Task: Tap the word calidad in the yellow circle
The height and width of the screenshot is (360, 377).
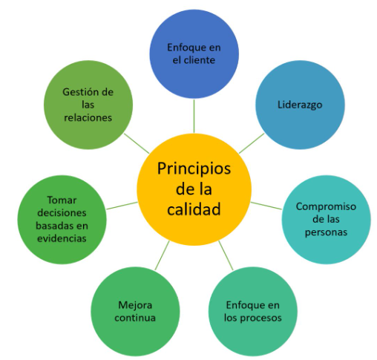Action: (194, 209)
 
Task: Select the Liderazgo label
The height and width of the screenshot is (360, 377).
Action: (300, 105)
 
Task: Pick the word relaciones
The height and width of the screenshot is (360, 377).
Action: (88, 117)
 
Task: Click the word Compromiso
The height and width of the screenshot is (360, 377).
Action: (326, 207)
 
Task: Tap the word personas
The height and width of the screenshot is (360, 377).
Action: (326, 232)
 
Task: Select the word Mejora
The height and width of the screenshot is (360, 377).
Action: (135, 305)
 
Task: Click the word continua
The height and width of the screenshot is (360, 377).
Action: (135, 318)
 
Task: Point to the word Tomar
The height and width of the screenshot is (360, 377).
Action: (62, 200)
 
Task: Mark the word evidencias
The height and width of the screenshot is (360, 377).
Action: (62, 238)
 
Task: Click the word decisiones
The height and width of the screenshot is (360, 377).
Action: (62, 213)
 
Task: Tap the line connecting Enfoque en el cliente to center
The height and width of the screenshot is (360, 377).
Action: (194, 116)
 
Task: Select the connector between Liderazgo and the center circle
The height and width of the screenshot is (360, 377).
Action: (252, 143)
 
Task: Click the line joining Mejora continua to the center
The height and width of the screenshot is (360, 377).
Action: (163, 255)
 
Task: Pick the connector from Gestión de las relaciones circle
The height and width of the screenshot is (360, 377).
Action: (137, 143)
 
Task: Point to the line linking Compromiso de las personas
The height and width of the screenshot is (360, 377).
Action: (266, 206)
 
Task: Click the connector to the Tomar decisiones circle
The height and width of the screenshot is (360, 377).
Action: (122, 206)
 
